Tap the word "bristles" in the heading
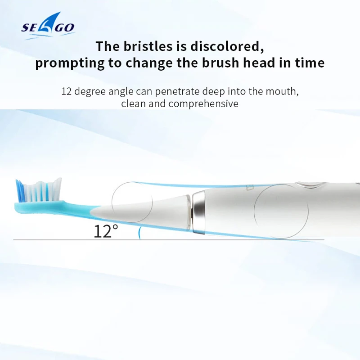point(148,46)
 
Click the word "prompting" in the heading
point(70,63)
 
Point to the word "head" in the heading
point(259,63)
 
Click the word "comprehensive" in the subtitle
point(203,104)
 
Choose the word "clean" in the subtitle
point(133,103)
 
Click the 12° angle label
point(106,231)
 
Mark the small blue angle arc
point(139,233)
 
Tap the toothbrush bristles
point(39,190)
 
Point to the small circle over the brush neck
point(132,202)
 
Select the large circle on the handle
point(281,211)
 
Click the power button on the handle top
point(310,184)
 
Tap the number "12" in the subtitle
point(67,91)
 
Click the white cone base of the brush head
point(140,211)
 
